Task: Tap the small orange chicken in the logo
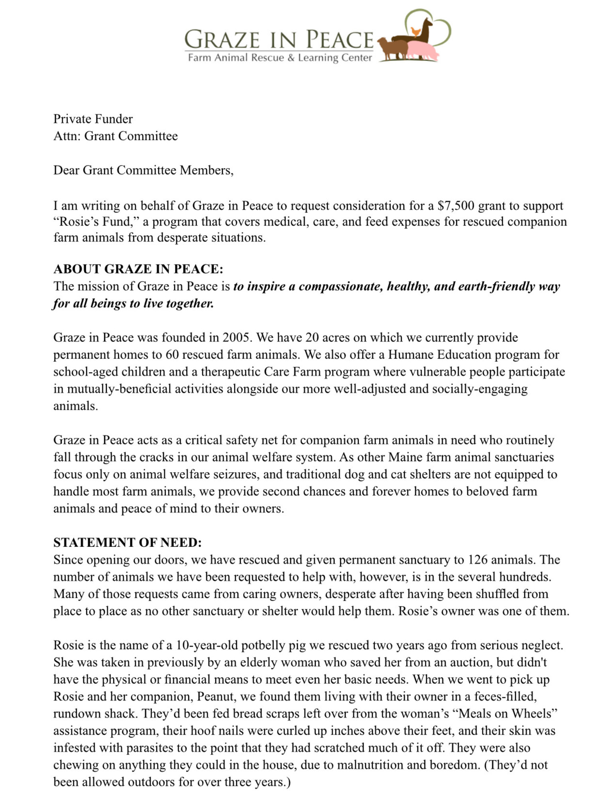pos(415,31)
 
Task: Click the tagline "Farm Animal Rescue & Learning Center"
pos(279,58)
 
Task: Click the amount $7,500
pos(456,206)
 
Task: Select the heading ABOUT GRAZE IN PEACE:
pos(138,269)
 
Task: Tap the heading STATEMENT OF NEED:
pos(128,542)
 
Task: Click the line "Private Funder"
pos(93,119)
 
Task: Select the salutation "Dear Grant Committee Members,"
pos(143,170)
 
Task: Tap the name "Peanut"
pos(215,696)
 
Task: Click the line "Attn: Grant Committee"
pos(116,136)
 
